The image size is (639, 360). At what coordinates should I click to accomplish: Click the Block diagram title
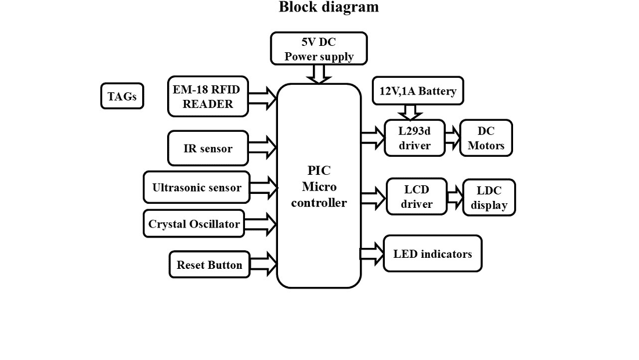(x=328, y=8)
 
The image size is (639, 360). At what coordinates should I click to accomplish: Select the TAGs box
(x=122, y=96)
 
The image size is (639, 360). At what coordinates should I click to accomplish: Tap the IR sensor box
(x=208, y=148)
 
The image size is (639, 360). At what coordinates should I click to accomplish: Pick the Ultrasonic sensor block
(x=196, y=188)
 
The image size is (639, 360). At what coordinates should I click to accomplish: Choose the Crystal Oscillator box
(x=194, y=224)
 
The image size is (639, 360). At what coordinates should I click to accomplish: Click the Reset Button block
(x=209, y=265)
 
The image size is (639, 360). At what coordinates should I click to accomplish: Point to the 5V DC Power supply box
(x=319, y=49)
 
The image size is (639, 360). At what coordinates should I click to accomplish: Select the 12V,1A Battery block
(x=417, y=91)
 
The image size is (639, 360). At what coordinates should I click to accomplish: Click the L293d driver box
(x=414, y=138)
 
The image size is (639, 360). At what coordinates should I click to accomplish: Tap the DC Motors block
(x=486, y=138)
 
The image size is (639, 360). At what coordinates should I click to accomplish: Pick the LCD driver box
(x=416, y=196)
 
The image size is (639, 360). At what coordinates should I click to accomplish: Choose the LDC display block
(x=489, y=197)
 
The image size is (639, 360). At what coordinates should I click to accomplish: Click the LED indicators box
(x=432, y=254)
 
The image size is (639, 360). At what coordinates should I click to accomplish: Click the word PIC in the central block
(x=319, y=171)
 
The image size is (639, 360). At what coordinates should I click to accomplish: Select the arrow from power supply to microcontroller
(x=319, y=74)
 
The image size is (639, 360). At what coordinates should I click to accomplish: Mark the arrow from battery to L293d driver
(x=410, y=112)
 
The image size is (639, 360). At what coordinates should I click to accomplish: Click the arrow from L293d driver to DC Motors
(x=453, y=138)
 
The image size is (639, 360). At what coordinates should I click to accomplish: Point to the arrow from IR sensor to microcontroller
(x=263, y=148)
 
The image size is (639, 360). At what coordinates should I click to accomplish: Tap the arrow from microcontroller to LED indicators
(x=372, y=254)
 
